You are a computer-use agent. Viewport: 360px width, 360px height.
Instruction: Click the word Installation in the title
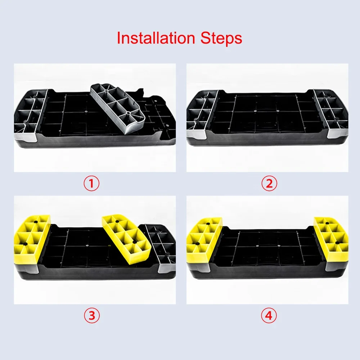coord(156,38)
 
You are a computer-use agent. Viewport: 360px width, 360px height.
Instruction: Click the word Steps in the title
coord(221,38)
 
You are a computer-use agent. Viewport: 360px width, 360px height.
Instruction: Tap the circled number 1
coord(91,184)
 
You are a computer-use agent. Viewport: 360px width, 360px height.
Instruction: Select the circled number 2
coord(269,184)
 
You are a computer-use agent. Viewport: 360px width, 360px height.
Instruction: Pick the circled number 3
coord(91,315)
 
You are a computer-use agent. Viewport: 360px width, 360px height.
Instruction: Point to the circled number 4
coord(269,315)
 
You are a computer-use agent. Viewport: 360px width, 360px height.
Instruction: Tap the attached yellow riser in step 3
coord(32,239)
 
